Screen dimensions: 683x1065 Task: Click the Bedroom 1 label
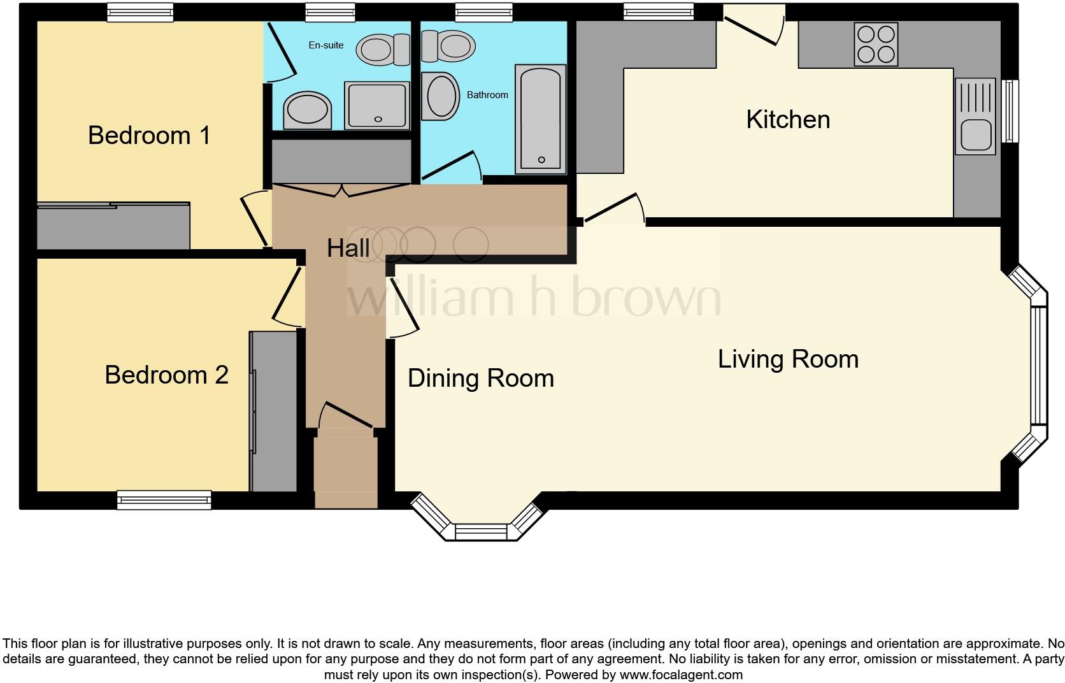pyautogui.click(x=149, y=135)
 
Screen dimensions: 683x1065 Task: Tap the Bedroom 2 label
pyautogui.click(x=166, y=375)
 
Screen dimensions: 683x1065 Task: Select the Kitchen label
pyautogui.click(x=788, y=120)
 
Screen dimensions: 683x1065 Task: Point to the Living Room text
pyautogui.click(x=788, y=359)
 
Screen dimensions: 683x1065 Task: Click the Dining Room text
pyautogui.click(x=480, y=378)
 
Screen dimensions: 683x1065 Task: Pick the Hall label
pyautogui.click(x=348, y=248)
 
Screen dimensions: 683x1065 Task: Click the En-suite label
pyautogui.click(x=326, y=45)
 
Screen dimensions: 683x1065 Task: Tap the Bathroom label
pyautogui.click(x=487, y=95)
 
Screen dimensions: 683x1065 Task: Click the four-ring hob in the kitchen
pyautogui.click(x=876, y=45)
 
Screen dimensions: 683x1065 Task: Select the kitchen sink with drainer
pyautogui.click(x=975, y=117)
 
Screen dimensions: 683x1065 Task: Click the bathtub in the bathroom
pyautogui.click(x=540, y=119)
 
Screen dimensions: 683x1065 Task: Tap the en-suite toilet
pyautogui.click(x=383, y=50)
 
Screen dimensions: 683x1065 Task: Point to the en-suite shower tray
pyautogui.click(x=377, y=105)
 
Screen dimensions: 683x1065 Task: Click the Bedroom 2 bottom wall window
pyautogui.click(x=164, y=500)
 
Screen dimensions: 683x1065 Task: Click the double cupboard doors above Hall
pyautogui.click(x=342, y=190)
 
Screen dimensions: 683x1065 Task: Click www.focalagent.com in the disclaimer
pyautogui.click(x=681, y=675)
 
